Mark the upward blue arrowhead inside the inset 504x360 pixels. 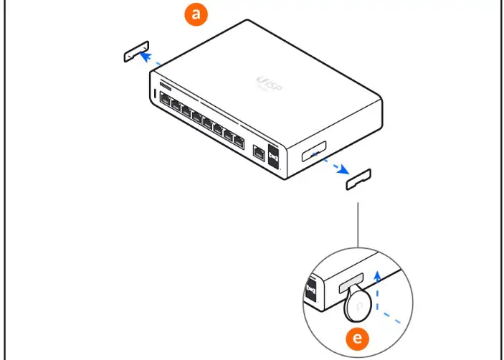click(378, 275)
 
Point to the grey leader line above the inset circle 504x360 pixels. click(356, 226)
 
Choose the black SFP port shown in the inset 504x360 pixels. click(310, 290)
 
